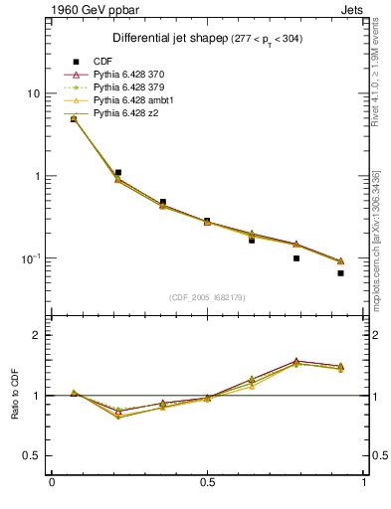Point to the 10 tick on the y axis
coord(33,93)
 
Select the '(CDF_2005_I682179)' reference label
coord(207,297)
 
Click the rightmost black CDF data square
coord(340,272)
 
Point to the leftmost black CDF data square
coord(74,119)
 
